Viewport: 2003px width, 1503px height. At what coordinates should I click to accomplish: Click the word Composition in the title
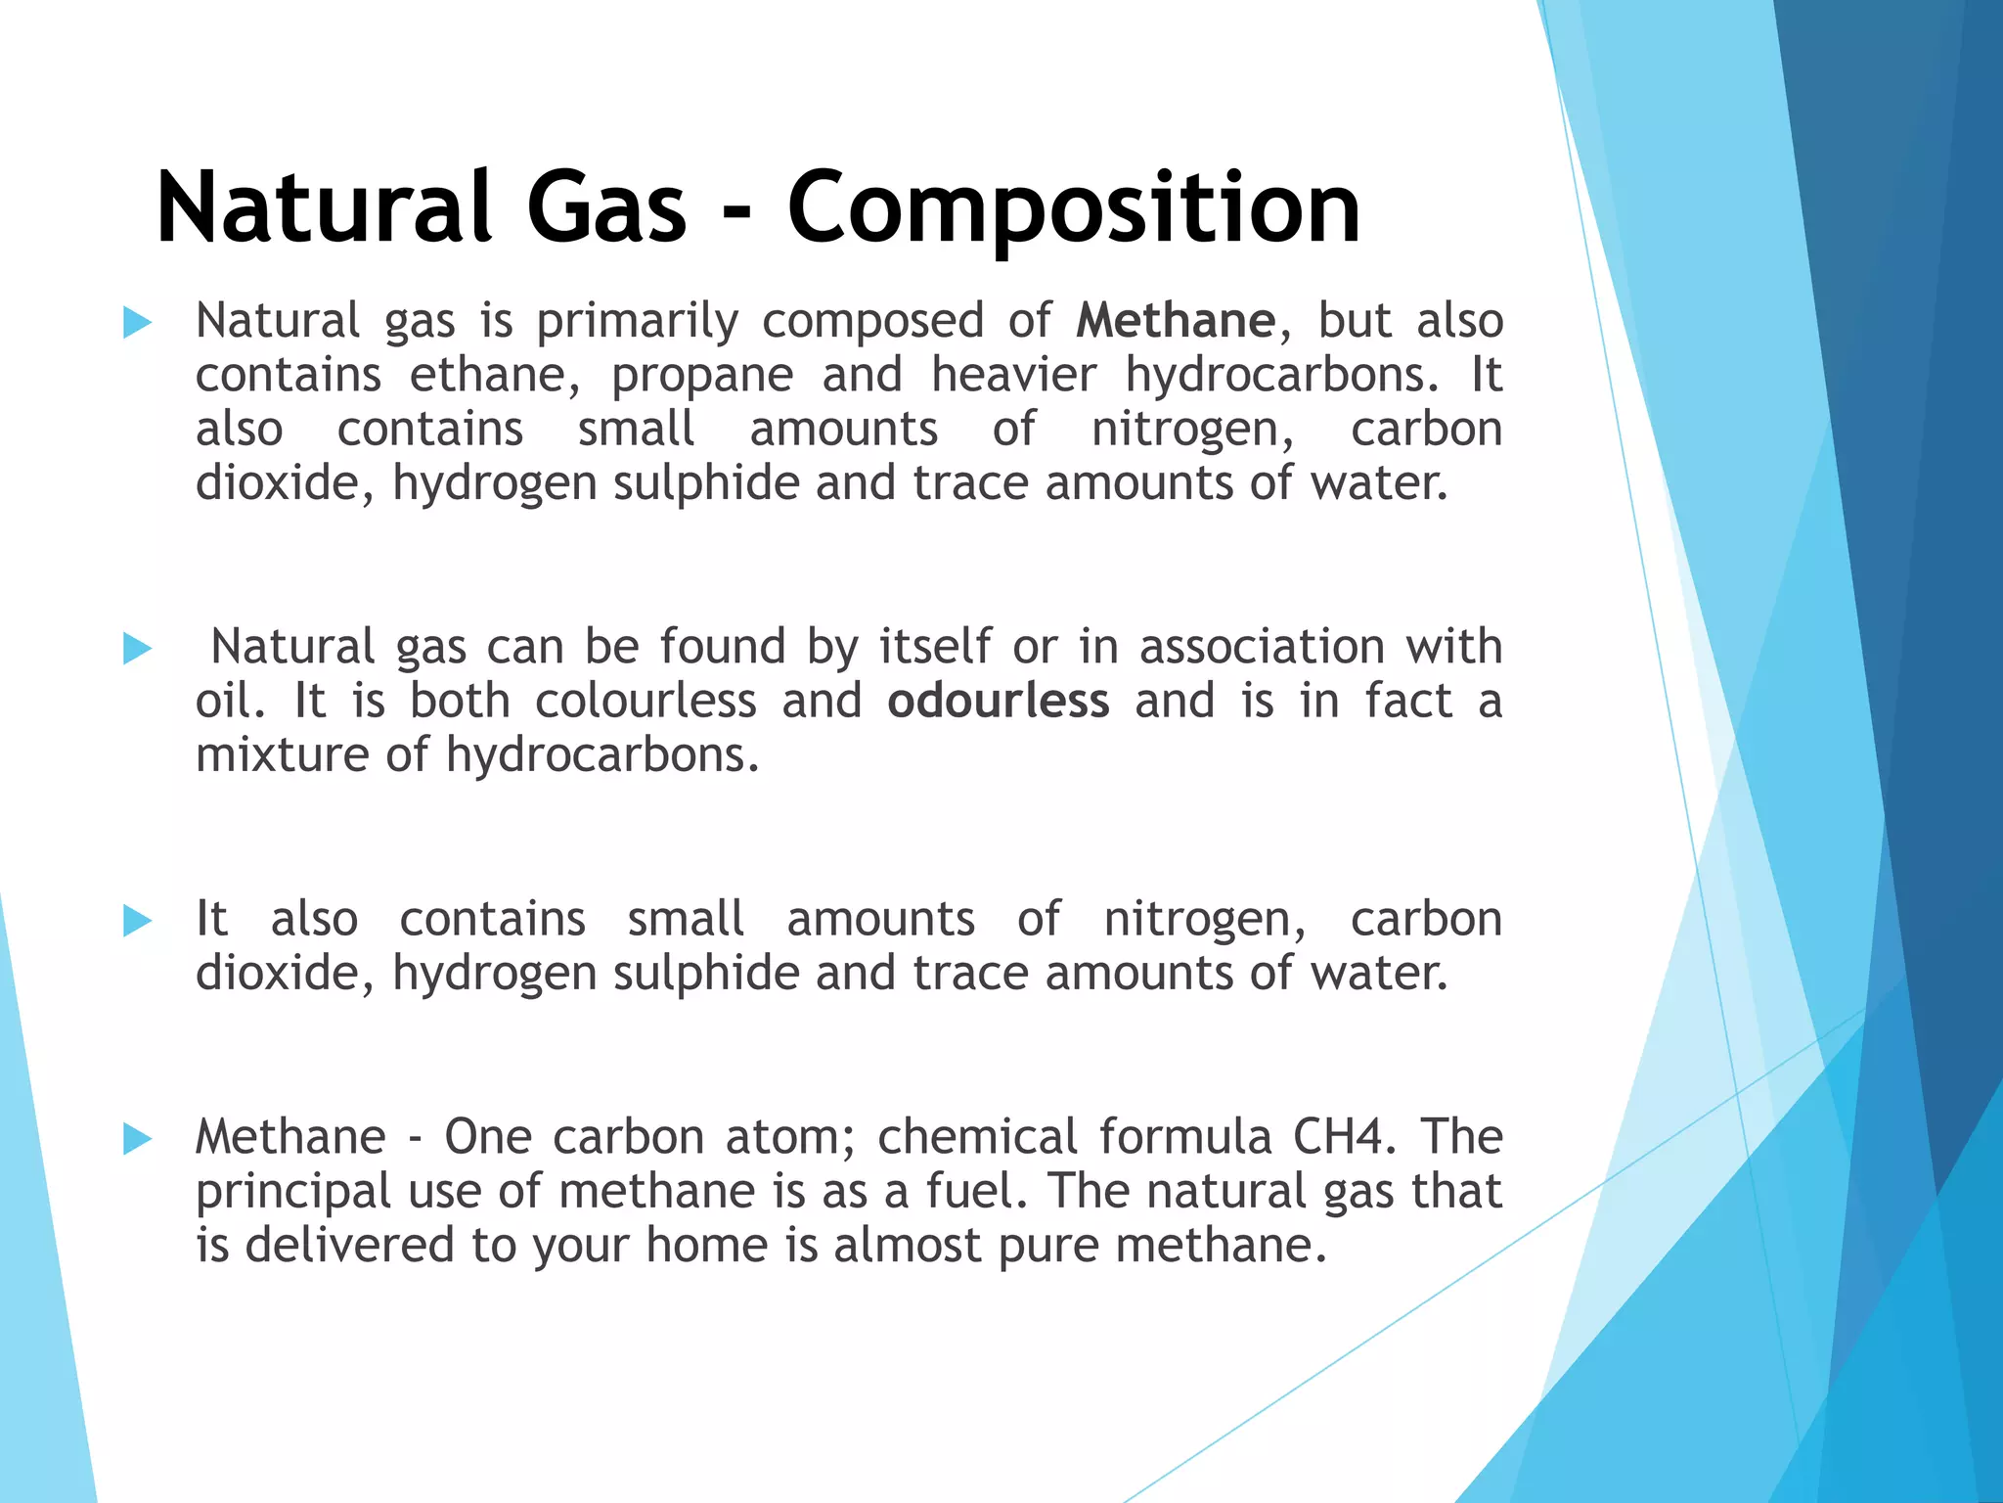[1073, 207]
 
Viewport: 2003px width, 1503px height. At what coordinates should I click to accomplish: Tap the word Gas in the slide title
[606, 207]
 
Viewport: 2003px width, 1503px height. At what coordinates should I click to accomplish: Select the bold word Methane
[1176, 321]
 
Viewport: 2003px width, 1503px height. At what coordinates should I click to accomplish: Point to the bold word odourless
[998, 701]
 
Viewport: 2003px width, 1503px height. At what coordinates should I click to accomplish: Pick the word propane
[702, 376]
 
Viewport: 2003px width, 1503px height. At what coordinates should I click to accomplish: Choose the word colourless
[645, 701]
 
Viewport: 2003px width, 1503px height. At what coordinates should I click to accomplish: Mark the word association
[1262, 647]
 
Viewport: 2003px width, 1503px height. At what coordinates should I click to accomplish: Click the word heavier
[1014, 375]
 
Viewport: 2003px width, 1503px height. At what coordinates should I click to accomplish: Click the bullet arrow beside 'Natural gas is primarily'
[138, 322]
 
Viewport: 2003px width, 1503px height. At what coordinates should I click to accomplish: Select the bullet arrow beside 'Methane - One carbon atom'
[138, 1138]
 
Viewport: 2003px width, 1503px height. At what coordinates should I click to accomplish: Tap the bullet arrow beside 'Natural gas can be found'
[138, 648]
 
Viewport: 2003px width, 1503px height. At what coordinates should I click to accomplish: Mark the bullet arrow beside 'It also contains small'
[138, 920]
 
